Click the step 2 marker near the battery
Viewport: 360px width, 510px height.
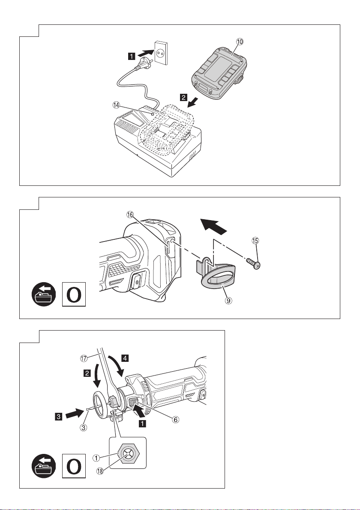(x=183, y=98)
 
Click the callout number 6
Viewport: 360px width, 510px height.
(x=175, y=420)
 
